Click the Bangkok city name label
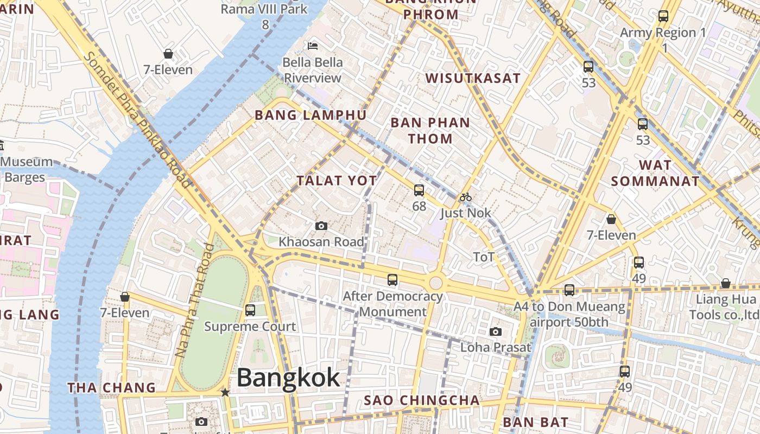pos(288,378)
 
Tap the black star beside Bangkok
pos(225,392)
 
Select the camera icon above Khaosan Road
pos(321,226)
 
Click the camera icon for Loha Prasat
pos(495,331)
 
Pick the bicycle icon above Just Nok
pos(465,197)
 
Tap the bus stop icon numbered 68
pos(419,190)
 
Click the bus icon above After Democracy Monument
pos(392,280)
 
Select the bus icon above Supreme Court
pos(250,310)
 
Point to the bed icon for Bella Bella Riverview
pos(313,46)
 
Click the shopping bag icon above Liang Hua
pos(725,283)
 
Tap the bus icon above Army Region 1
pos(663,16)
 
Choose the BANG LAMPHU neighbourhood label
pos(311,115)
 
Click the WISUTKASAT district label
pos(473,78)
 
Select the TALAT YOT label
pos(337,181)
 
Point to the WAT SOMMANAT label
pos(655,173)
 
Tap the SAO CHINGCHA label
pos(422,400)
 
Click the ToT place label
pos(484,257)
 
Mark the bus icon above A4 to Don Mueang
pos(569,290)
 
